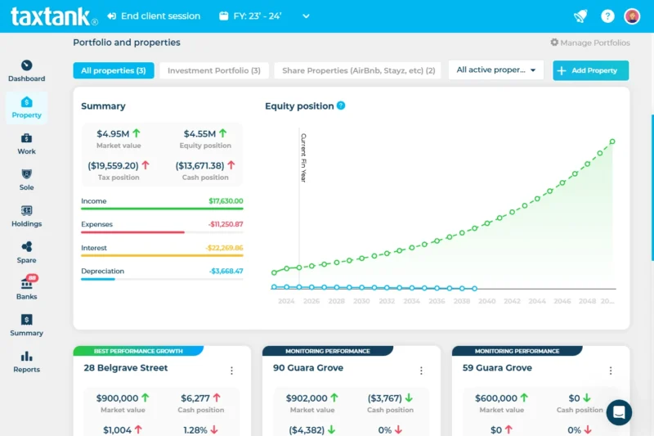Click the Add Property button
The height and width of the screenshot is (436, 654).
point(590,70)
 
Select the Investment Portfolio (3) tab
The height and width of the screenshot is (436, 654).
point(213,70)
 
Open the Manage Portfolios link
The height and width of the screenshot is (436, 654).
point(589,43)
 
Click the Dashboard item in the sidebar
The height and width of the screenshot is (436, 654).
point(26,71)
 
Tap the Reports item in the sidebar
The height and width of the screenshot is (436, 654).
point(26,362)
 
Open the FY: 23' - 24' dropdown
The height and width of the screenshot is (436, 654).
point(265,16)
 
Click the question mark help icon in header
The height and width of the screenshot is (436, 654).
point(607,16)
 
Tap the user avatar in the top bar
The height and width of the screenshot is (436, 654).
point(632,16)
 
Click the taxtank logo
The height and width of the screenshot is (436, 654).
point(54,16)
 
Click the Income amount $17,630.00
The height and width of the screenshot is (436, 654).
point(226,200)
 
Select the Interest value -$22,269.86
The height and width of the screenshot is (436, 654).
point(224,248)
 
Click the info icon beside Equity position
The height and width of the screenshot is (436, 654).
point(341,106)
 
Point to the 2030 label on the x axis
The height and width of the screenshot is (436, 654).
point(361,301)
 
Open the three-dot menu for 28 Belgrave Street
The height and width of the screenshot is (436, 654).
point(231,371)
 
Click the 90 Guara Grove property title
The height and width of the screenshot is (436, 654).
point(308,368)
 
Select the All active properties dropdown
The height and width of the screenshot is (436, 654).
point(496,70)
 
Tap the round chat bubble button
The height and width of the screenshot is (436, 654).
point(619,412)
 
